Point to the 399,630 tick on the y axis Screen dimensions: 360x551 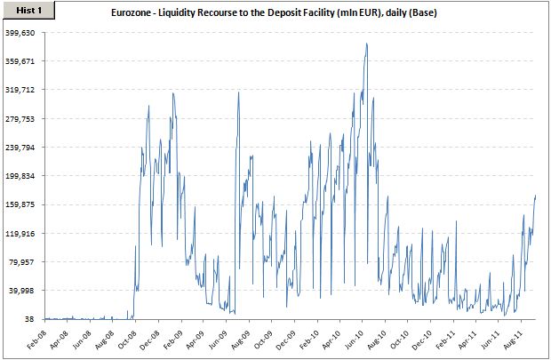click(20, 32)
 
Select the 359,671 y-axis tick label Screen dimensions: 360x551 click(20, 60)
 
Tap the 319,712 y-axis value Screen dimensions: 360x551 click(20, 90)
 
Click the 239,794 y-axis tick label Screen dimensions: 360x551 click(20, 147)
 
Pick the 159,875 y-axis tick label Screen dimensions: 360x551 click(20, 204)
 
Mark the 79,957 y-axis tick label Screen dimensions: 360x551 click(20, 261)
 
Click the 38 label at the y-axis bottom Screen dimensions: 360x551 click(29, 319)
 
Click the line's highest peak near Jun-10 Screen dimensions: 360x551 click(366, 44)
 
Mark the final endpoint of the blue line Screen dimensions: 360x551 click(536, 195)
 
